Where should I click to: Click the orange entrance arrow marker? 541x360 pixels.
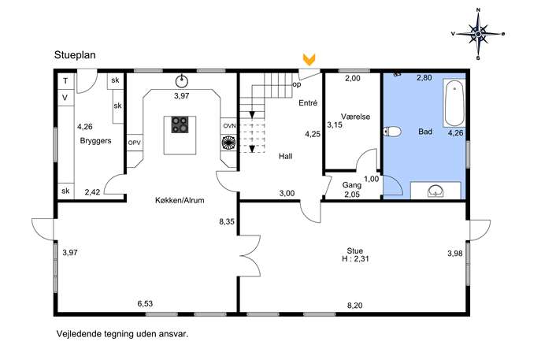(x=309, y=59)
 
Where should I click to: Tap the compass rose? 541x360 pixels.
(x=478, y=34)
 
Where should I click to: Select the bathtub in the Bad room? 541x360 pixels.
(x=454, y=103)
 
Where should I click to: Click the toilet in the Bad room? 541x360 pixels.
(x=392, y=132)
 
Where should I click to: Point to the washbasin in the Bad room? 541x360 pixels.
(x=435, y=191)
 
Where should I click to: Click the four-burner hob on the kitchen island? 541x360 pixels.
(x=180, y=124)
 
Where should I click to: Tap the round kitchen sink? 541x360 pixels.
(x=181, y=81)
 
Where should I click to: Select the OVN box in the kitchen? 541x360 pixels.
(x=228, y=125)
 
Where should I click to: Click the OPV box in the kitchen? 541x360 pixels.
(x=135, y=143)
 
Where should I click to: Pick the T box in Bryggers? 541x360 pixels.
(x=65, y=81)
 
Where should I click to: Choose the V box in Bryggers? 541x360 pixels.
(x=65, y=98)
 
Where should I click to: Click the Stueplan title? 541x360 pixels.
(x=75, y=55)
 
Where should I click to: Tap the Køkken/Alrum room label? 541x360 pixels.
(x=180, y=200)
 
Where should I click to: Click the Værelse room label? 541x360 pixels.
(x=355, y=117)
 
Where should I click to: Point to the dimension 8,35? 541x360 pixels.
(x=227, y=221)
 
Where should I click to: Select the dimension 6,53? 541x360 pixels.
(x=145, y=304)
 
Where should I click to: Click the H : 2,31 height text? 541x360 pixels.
(x=355, y=259)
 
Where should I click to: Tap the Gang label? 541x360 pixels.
(x=352, y=185)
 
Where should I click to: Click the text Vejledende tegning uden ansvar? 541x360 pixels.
(x=123, y=334)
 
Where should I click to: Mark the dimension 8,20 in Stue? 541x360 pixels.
(x=354, y=306)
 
